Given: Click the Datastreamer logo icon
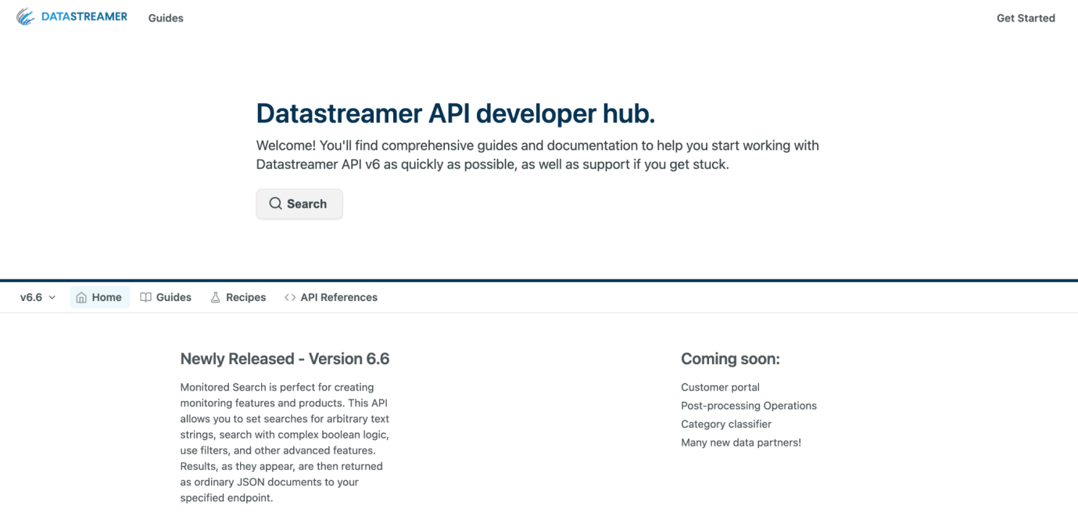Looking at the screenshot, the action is tap(26, 17).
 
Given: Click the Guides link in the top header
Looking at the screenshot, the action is tap(166, 18).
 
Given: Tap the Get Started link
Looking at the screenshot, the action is tap(1026, 18).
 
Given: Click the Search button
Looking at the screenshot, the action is tap(299, 204).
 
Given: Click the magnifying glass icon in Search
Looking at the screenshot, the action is tap(275, 203).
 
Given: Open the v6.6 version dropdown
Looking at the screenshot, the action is tap(38, 297).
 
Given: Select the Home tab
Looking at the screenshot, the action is tap(99, 297).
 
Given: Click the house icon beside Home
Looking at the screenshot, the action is tap(81, 298).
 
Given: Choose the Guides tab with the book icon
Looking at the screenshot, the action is tap(166, 297).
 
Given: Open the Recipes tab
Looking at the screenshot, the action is tap(238, 297).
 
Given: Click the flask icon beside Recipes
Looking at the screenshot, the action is tap(215, 297).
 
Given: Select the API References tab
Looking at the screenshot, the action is tap(331, 297).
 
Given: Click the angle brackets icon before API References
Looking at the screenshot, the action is tap(290, 298).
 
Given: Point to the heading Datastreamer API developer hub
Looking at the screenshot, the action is tap(455, 113).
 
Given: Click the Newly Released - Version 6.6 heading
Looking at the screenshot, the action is tap(285, 359).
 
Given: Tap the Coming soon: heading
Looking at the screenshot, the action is tap(730, 359).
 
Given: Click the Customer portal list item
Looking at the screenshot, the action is tap(720, 387).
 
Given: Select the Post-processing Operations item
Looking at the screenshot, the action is tap(749, 406).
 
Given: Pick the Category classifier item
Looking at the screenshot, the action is tap(726, 424).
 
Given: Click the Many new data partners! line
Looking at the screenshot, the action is tap(741, 442).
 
